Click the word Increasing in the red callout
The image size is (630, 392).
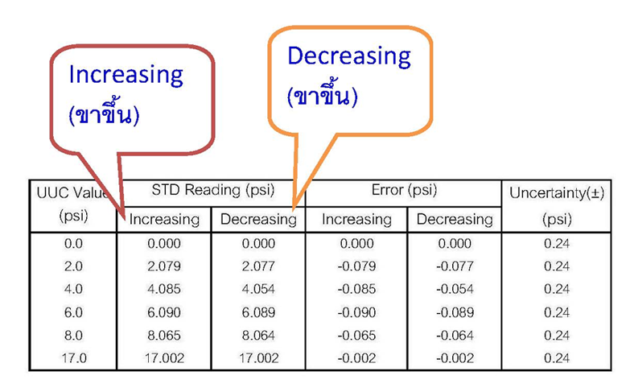[126, 75]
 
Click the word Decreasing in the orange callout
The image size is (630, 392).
[348, 56]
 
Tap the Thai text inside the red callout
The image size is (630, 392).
[105, 114]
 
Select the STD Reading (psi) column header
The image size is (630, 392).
[212, 191]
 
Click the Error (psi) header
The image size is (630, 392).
[404, 191]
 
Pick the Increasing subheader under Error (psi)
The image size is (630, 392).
[356, 219]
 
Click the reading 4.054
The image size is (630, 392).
[258, 289]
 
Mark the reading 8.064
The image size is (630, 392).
[258, 334]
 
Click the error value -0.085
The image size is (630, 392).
[356, 289]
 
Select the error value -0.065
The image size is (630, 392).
[356, 334]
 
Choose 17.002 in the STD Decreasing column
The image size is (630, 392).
[258, 357]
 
